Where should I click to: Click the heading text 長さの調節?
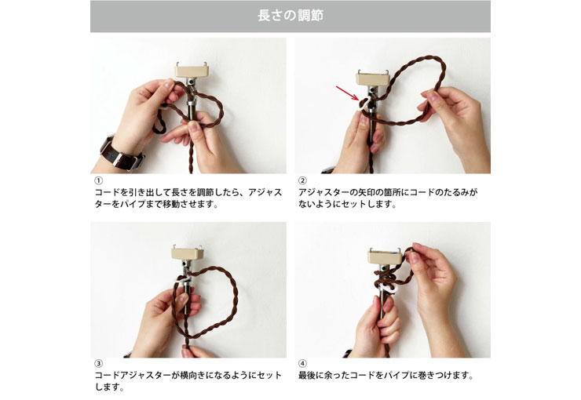click(x=290, y=16)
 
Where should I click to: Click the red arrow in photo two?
click(x=347, y=93)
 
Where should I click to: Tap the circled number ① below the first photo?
click(x=98, y=180)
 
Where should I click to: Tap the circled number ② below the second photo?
click(x=302, y=180)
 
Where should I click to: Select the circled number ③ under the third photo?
click(x=98, y=363)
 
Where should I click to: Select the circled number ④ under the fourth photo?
click(x=302, y=363)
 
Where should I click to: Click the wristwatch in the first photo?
click(x=122, y=153)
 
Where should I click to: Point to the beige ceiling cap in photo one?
click(x=192, y=71)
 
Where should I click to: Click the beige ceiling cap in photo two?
click(x=374, y=78)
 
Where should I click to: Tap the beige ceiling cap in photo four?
click(x=385, y=256)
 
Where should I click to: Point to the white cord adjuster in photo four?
click(x=390, y=289)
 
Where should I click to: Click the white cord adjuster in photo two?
click(x=365, y=104)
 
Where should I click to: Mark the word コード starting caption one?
click(x=109, y=192)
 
